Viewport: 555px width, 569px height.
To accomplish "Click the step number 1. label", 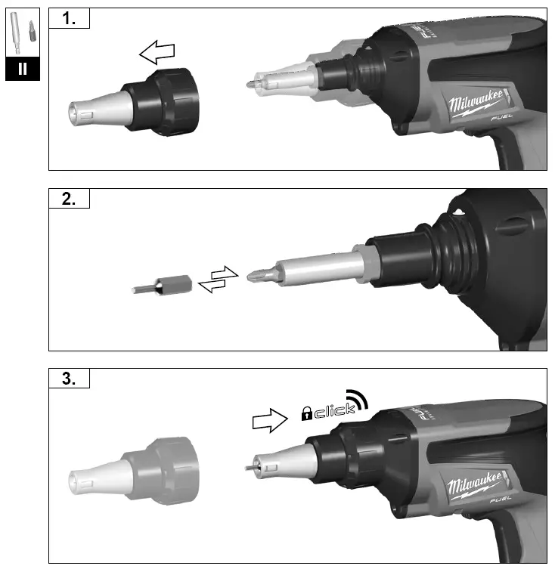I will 69,19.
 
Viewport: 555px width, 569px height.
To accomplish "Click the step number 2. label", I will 69,199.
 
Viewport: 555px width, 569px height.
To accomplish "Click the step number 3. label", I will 69,379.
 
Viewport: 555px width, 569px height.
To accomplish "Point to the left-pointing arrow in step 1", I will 157,54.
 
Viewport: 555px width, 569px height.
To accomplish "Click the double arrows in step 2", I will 218,279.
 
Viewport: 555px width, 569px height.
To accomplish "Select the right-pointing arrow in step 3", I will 271,419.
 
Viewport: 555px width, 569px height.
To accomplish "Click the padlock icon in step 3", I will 306,413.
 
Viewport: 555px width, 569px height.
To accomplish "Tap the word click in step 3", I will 333,412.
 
